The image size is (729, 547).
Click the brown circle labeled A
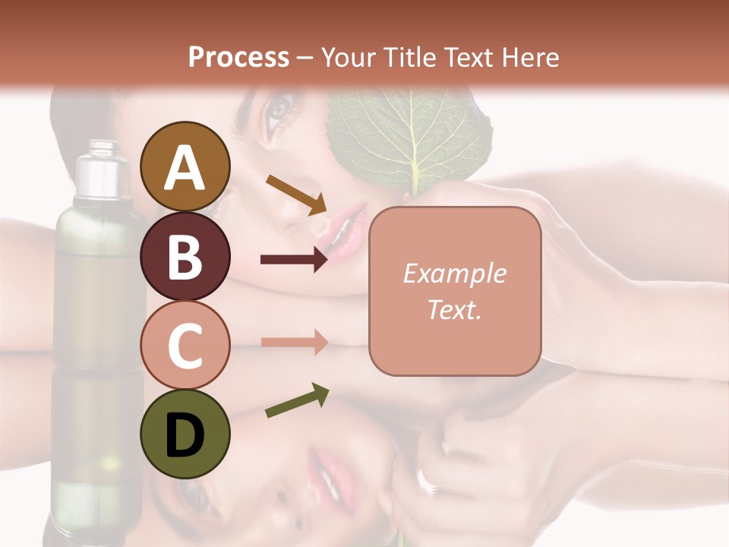click(x=185, y=166)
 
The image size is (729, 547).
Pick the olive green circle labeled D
click(x=185, y=434)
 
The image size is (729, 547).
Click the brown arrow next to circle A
click(x=295, y=194)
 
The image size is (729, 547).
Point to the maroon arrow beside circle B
click(x=294, y=260)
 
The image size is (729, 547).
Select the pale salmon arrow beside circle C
click(x=294, y=342)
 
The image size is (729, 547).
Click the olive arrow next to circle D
click(x=297, y=401)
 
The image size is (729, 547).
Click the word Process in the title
click(x=238, y=57)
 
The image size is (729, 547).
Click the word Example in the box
click(x=454, y=273)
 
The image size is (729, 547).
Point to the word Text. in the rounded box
click(x=454, y=309)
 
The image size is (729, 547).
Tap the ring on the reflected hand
click(x=423, y=480)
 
